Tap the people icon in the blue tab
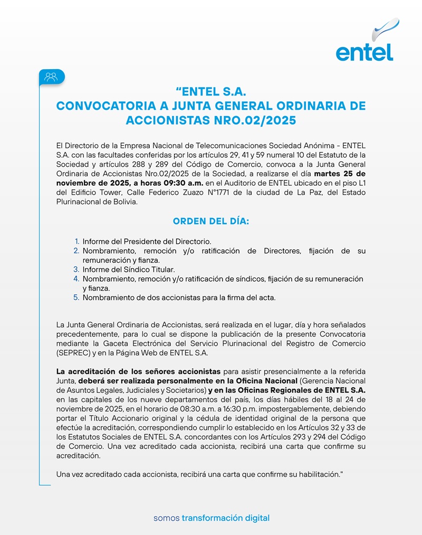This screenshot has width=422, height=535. pyautogui.click(x=51, y=77)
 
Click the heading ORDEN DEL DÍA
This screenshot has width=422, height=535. pyautogui.click(x=210, y=221)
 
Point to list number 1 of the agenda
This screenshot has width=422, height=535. pyautogui.click(x=77, y=241)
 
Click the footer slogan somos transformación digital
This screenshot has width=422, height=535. pyautogui.click(x=211, y=518)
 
